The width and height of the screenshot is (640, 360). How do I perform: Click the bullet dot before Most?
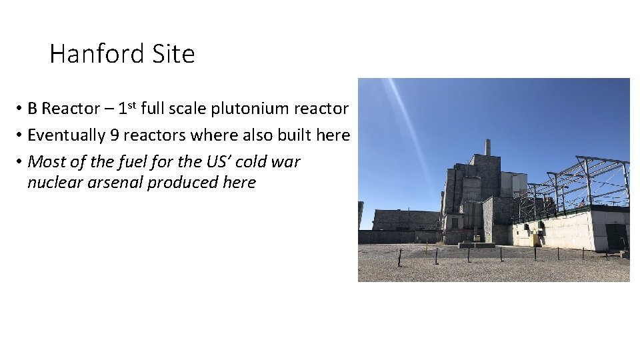coord(21,163)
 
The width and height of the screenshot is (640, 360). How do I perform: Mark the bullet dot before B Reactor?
coord(21,109)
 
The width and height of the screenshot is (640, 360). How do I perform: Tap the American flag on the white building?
coord(582,203)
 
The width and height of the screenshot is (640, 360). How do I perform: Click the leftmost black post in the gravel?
coord(400,257)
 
